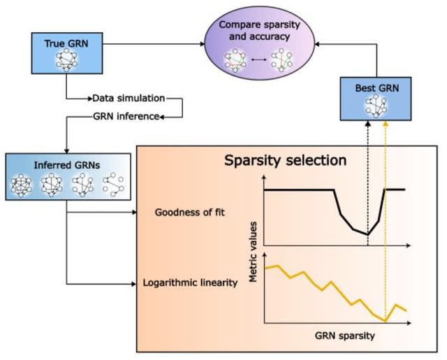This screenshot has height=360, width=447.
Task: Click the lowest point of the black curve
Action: coord(367,234)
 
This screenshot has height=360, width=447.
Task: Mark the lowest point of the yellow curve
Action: coord(384,320)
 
